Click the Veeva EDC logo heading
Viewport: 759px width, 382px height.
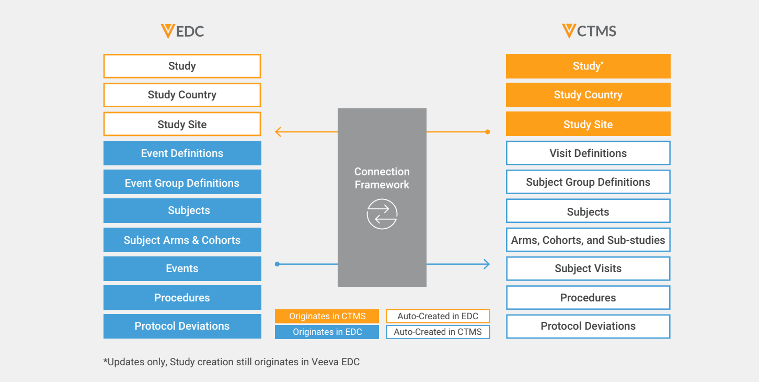[182, 31]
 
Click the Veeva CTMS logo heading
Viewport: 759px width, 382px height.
[589, 31]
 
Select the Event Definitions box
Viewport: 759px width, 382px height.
[182, 153]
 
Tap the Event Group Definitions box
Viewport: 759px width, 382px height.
[182, 183]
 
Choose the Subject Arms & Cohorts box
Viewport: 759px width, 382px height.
[182, 240]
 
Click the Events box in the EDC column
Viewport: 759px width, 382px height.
[182, 268]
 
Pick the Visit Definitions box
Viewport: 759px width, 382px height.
[588, 153]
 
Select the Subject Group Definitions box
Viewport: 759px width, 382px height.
[588, 182]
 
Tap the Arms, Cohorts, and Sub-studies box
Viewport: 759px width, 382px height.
[588, 240]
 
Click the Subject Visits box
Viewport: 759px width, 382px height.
[588, 268]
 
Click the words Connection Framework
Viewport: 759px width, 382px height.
[382, 178]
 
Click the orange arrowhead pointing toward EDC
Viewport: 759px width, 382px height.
[278, 132]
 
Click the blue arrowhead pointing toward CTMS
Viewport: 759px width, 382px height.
[487, 264]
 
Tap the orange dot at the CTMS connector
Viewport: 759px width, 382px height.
[488, 132]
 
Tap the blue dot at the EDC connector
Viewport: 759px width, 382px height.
[277, 264]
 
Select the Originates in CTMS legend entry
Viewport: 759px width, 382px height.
[327, 316]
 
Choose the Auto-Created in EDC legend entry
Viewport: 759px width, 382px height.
[438, 316]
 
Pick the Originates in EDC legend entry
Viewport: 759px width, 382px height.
[327, 332]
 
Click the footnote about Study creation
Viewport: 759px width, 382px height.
[232, 362]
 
